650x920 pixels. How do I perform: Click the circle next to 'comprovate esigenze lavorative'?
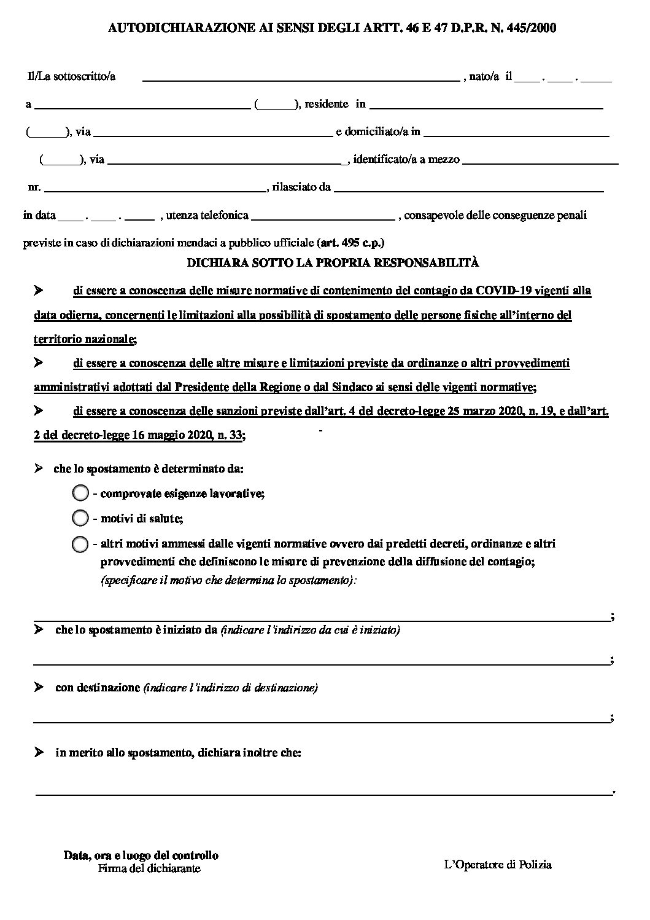coord(80,493)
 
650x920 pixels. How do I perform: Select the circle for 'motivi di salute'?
coord(80,518)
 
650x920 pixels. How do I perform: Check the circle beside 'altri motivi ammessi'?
coord(80,544)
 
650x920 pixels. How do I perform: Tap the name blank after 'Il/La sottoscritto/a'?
coord(301,77)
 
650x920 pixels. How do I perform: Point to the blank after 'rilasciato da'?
coord(469,188)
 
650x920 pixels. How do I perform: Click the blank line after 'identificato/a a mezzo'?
coord(540,160)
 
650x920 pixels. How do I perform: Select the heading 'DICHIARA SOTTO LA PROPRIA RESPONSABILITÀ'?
coord(333,262)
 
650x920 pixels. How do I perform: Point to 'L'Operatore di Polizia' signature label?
coord(498,865)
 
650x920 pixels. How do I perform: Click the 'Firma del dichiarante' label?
coord(149,868)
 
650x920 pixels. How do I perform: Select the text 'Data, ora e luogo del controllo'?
coord(141,855)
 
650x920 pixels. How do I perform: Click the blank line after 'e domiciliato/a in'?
coord(516,132)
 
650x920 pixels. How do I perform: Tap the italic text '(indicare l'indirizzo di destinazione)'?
coord(230,688)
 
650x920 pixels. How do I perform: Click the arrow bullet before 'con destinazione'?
coord(39,687)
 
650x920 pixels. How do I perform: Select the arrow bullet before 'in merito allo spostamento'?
coord(39,753)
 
